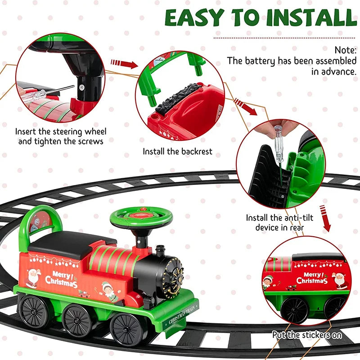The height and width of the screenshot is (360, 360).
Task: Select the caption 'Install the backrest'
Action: (x=177, y=152)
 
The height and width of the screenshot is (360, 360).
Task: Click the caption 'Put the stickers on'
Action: (x=307, y=335)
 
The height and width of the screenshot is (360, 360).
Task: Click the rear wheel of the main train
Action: (x=33, y=311)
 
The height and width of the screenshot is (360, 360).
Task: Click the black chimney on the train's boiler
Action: (x=160, y=252)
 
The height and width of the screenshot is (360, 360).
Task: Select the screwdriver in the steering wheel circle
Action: (x=49, y=93)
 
